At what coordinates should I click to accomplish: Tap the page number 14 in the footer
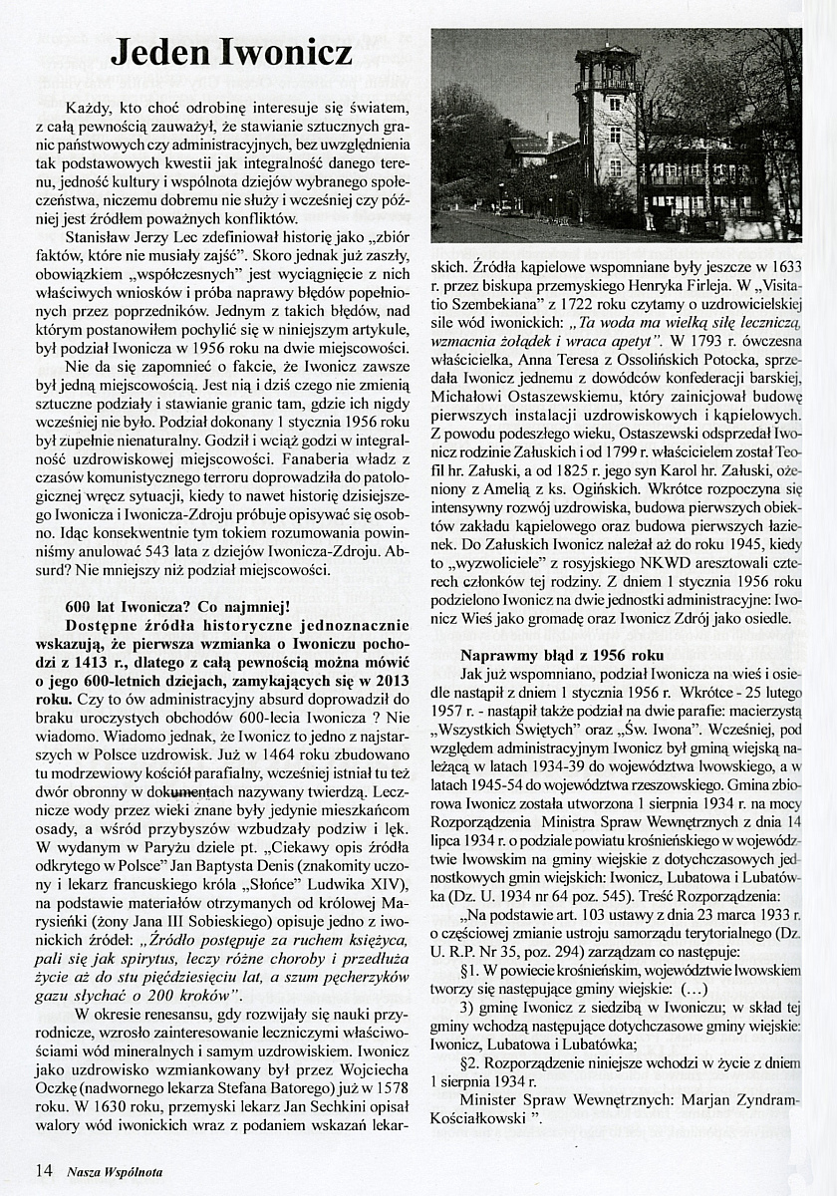[x=43, y=1168]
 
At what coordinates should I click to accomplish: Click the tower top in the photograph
[x=606, y=58]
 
